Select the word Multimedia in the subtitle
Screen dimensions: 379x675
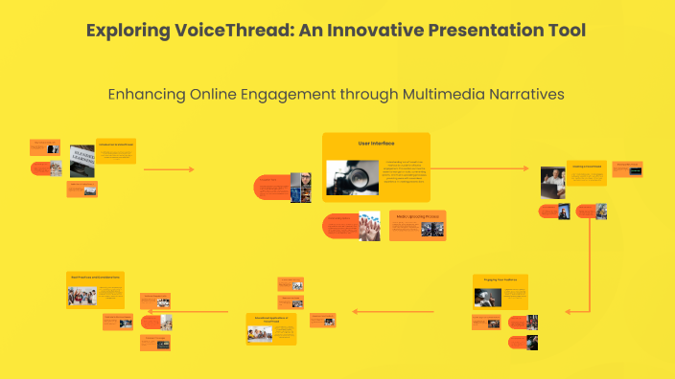431,94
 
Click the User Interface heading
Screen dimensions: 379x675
376,143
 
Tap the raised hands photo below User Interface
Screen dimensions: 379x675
369,226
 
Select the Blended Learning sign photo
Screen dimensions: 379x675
82,159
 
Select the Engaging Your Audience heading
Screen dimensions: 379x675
500,279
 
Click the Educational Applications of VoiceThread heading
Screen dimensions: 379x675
270,318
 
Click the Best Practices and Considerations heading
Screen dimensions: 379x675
94,278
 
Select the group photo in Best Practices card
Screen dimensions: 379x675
82,296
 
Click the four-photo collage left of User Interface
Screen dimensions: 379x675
301,187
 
